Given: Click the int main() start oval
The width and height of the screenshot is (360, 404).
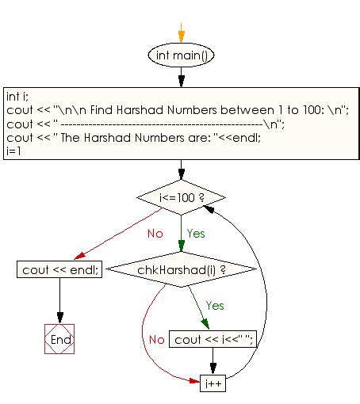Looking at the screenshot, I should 182,55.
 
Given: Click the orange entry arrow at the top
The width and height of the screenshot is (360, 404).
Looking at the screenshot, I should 182,32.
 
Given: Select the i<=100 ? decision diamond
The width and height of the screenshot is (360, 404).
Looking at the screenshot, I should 182,196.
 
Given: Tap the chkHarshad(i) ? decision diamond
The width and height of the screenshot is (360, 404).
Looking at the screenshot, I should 182,269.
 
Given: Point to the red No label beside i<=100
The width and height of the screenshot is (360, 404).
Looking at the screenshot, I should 155,234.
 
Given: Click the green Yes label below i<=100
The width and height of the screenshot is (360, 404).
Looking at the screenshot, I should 196,234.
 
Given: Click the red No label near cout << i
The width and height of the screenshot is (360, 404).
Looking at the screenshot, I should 156,339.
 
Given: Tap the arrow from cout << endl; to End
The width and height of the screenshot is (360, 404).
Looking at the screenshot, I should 60,301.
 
